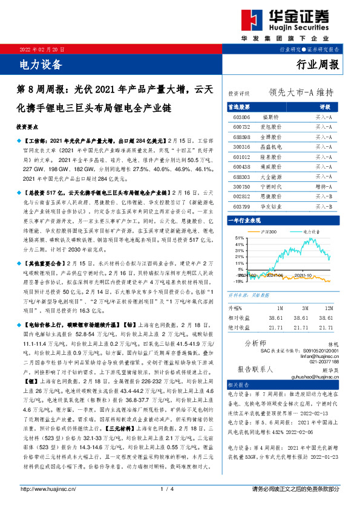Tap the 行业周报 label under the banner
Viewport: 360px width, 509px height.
tap(319, 65)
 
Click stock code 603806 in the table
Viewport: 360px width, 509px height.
tap(241, 116)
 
